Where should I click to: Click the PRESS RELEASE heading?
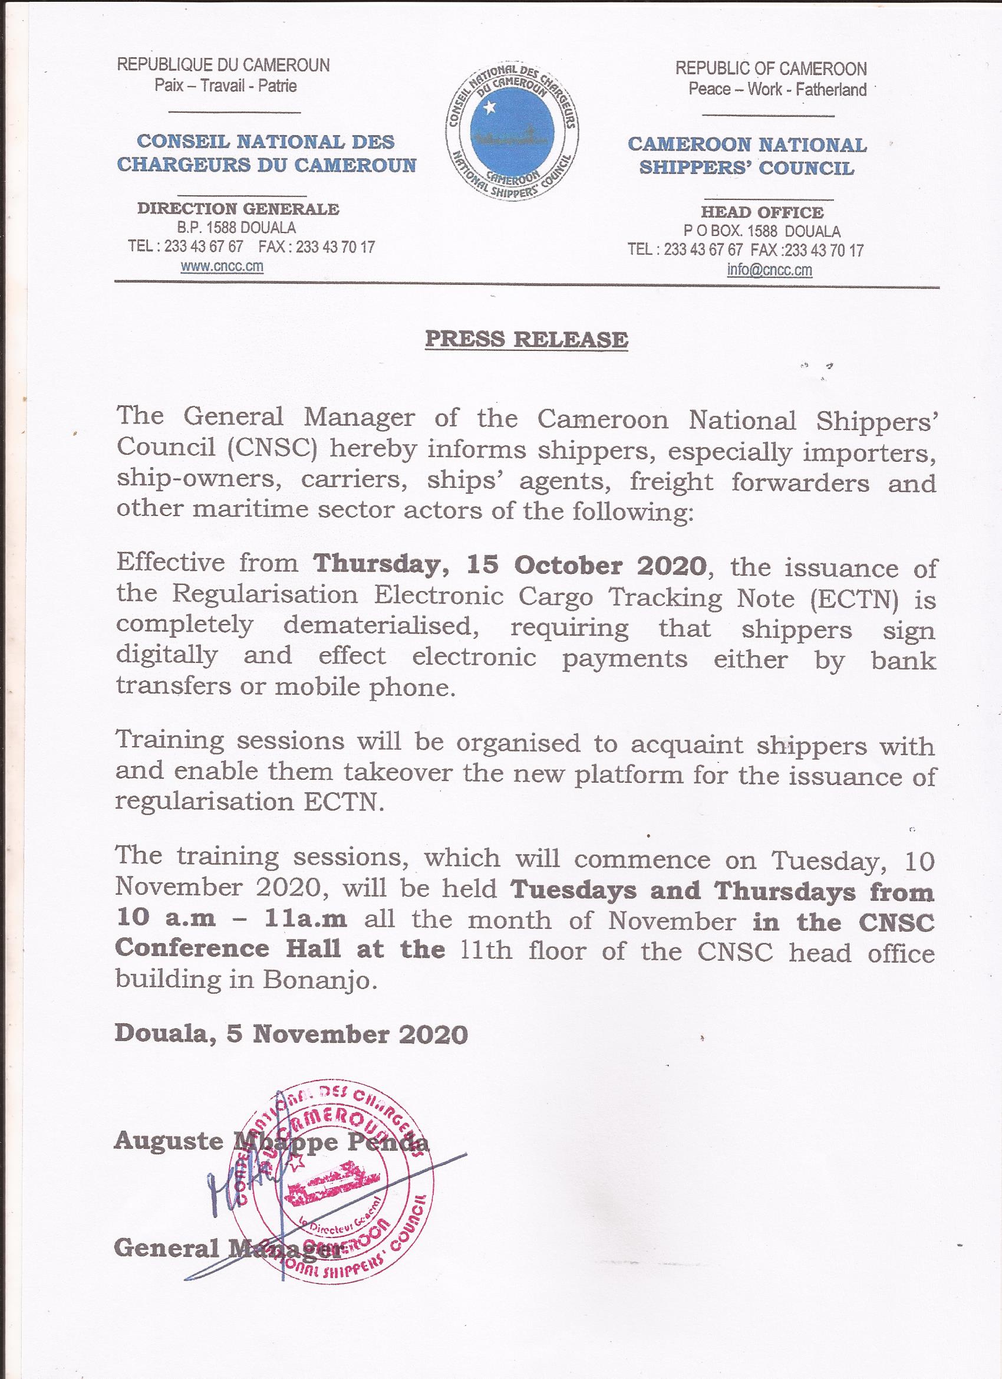point(526,339)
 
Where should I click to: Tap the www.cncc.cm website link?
point(222,267)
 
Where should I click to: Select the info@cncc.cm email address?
point(769,270)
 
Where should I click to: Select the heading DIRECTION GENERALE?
point(238,209)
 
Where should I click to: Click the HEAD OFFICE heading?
point(762,212)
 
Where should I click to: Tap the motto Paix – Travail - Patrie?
point(225,85)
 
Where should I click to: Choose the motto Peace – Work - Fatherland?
point(777,90)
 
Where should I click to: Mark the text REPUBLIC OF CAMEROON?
point(771,68)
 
